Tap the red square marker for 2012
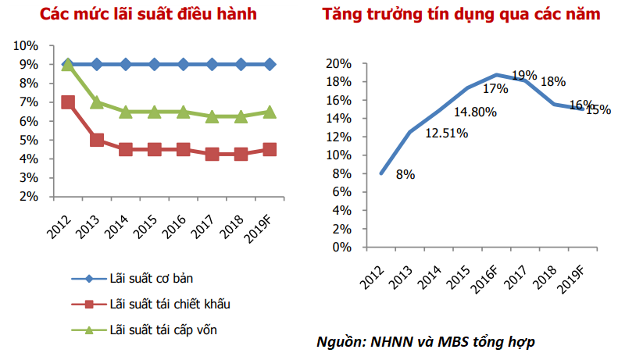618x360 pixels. pos(68,102)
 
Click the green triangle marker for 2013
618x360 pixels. pos(97,102)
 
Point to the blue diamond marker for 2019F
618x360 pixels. pos(270,65)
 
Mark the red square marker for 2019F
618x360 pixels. pos(270,150)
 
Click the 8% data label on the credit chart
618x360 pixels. pos(405,175)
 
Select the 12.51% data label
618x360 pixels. pos(446,134)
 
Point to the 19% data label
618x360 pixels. pos(524,76)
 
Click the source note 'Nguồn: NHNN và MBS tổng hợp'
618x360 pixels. pos(426,342)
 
